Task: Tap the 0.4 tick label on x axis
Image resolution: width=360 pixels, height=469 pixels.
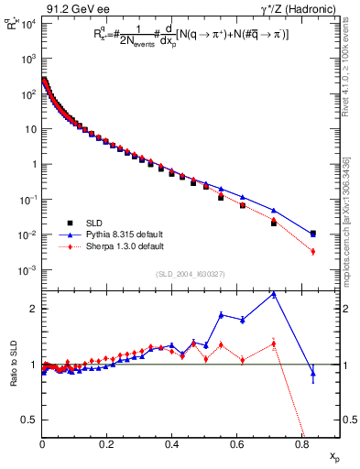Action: coord(171,444)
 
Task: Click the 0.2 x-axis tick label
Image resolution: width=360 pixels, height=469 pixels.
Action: coord(106,444)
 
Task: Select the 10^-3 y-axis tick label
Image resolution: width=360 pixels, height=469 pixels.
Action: coord(25,270)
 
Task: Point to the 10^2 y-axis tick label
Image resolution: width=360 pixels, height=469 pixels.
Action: coord(25,93)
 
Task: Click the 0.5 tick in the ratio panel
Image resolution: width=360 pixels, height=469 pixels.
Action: coord(28,420)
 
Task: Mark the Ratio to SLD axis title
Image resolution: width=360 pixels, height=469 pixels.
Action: coord(12,364)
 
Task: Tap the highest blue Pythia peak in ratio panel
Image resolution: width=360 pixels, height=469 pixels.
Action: coord(274,294)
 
